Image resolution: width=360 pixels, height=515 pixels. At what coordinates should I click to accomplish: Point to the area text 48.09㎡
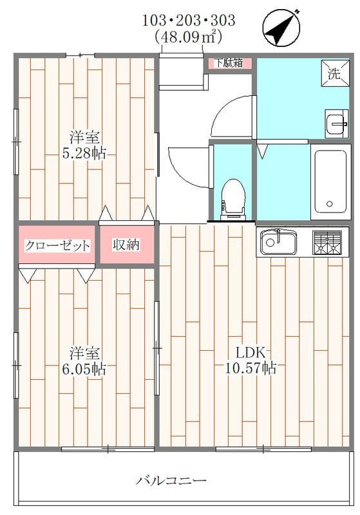pos(189,37)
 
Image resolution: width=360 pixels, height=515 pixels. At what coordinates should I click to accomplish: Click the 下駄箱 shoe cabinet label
pos(229,63)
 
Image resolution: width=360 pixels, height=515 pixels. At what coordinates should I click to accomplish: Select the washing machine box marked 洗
pos(334,73)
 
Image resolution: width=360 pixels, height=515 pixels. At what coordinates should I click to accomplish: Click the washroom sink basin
pos(337,124)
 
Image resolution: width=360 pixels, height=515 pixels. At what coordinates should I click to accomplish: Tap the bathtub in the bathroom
pos(330,181)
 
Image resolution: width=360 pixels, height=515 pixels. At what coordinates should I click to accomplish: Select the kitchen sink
pos(279,243)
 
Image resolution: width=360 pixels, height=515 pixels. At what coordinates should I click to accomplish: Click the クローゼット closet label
pos(57,245)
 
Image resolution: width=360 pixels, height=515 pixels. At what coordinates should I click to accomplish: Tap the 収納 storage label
pos(126,245)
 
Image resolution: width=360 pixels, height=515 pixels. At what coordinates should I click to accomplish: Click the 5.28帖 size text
pos(84,154)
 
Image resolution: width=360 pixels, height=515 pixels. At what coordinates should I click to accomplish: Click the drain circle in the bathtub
pos(330,205)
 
